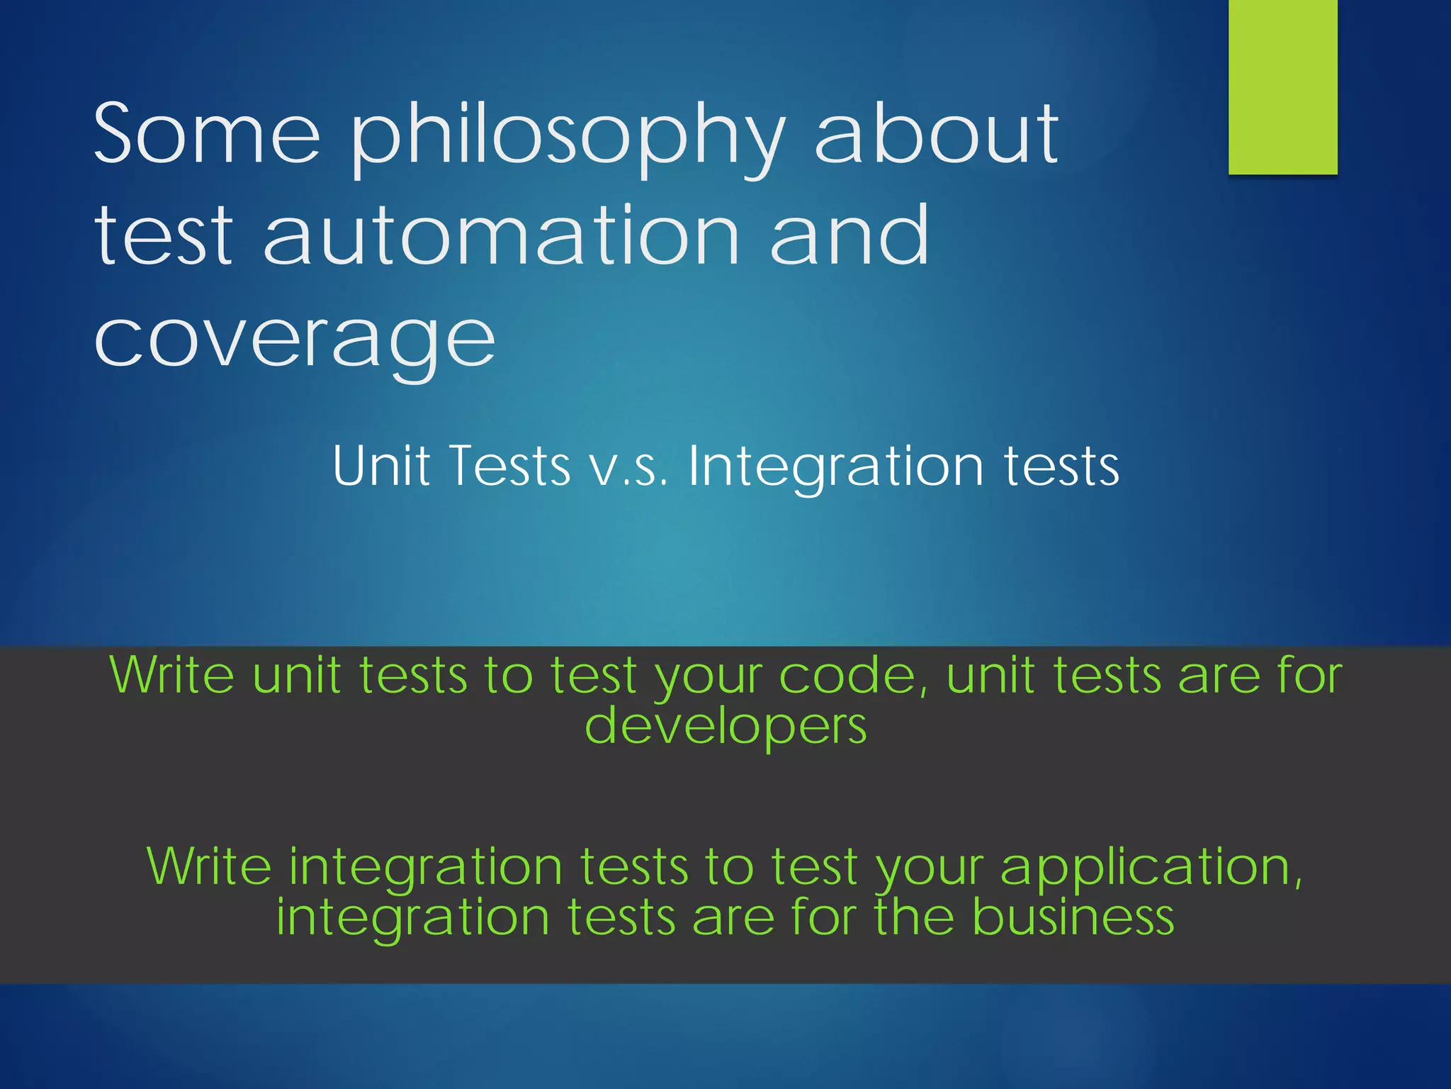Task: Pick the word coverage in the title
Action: click(295, 340)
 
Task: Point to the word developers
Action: click(725, 727)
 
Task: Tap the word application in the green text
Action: click(1151, 866)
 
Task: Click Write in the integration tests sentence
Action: click(208, 866)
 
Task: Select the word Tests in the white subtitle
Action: click(509, 466)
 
